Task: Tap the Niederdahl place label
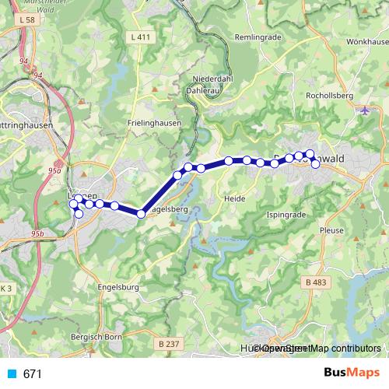click(214, 78)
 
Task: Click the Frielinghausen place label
click(154, 123)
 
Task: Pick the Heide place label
click(234, 198)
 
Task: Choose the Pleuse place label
click(332, 231)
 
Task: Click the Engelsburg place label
click(119, 286)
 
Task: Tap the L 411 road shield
click(141, 37)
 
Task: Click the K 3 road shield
click(6, 289)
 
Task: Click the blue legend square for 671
click(10, 373)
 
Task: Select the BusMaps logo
click(346, 373)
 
